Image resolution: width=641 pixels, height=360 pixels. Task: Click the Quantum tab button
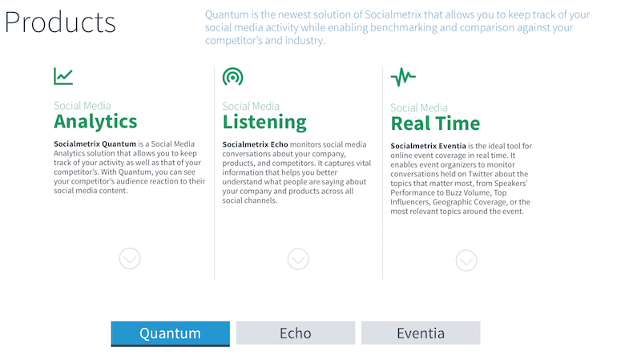point(170,334)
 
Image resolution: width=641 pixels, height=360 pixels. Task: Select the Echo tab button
point(295,333)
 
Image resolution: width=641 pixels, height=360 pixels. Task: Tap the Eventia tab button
point(420,333)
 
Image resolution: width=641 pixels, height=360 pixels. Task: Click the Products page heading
point(60,22)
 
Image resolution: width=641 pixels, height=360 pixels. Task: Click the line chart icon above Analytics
point(63,76)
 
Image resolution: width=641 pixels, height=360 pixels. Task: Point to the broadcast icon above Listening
point(232,76)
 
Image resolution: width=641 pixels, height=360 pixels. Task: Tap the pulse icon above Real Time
point(403,77)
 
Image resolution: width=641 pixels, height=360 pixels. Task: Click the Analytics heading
point(95,122)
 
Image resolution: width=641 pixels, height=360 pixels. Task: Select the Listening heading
point(264,123)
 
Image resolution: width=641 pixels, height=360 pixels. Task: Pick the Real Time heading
point(435,123)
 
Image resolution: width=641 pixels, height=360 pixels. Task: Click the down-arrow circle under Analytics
point(130,258)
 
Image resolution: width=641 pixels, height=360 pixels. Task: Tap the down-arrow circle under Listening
point(298,259)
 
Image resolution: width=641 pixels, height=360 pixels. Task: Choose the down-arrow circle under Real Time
point(466,261)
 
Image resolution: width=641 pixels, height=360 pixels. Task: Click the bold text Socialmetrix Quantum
point(95,144)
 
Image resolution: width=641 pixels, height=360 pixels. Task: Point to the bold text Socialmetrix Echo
point(255,144)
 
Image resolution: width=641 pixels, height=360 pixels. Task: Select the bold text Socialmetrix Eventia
point(428,146)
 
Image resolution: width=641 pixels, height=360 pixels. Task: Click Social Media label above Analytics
point(83,106)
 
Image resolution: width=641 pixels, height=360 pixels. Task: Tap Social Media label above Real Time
point(419,107)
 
